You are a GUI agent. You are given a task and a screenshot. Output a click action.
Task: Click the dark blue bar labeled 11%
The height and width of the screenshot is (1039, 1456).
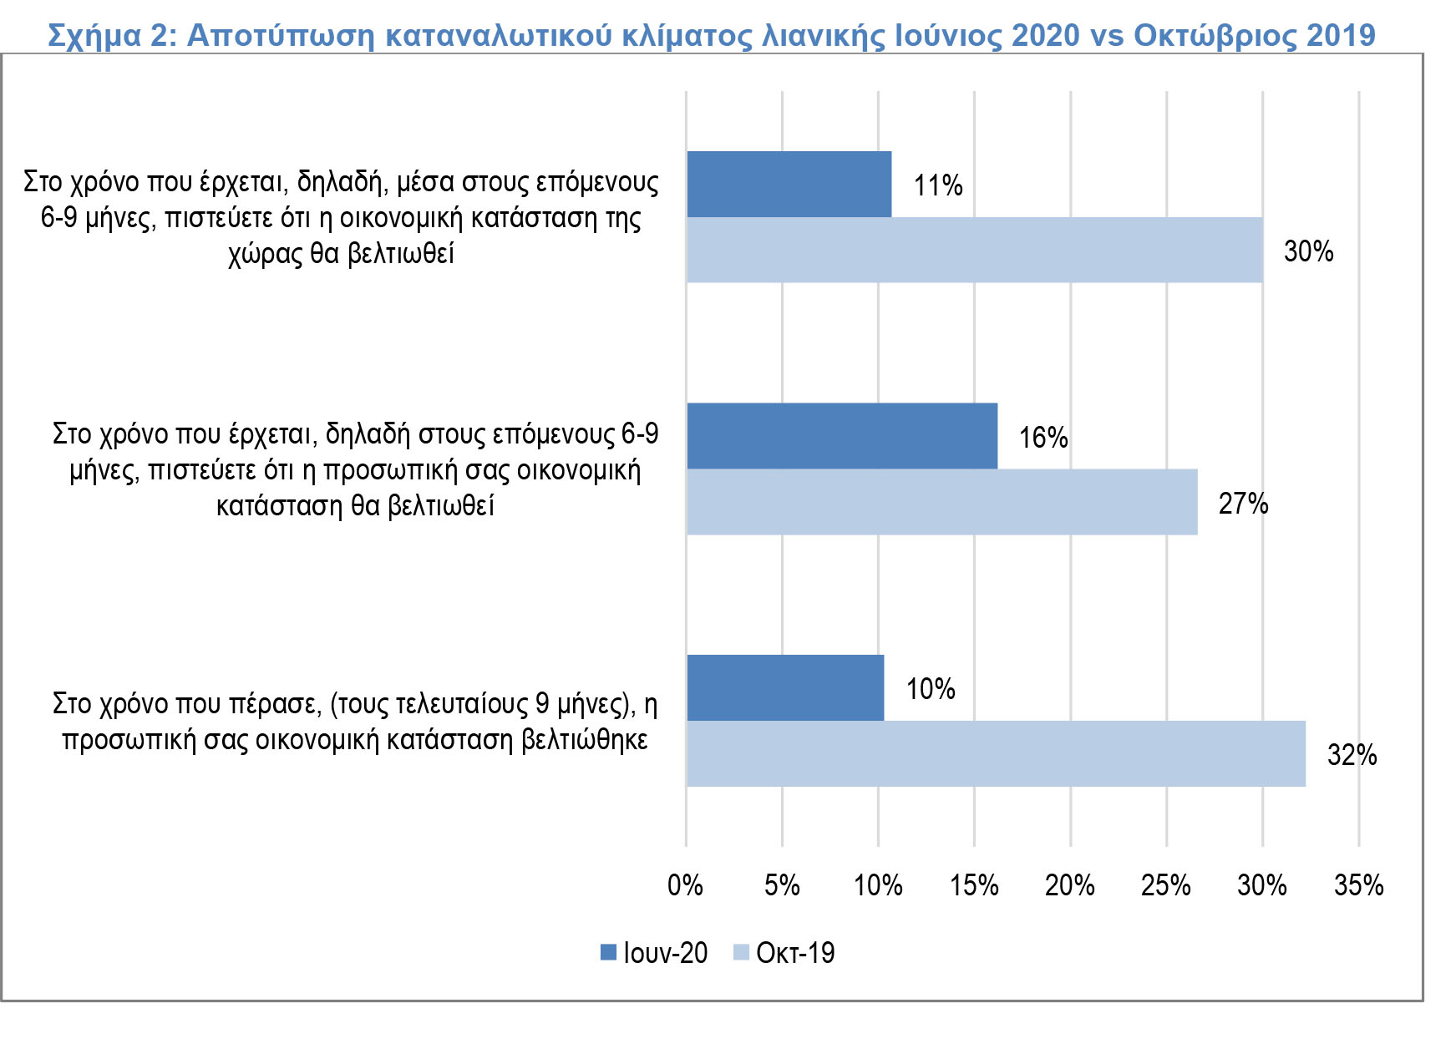coord(789,185)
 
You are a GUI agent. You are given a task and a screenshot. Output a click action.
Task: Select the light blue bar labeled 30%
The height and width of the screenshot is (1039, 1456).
coord(974,251)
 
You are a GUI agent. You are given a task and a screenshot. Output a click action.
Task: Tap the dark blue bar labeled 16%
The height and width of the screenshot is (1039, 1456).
coord(842,436)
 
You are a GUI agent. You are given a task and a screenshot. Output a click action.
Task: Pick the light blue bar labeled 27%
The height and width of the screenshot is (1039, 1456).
coord(941,502)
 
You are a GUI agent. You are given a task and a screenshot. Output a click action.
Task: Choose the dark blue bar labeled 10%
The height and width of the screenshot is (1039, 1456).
coord(785,688)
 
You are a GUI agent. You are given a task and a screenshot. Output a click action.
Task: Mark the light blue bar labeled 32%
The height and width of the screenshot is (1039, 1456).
coord(996,754)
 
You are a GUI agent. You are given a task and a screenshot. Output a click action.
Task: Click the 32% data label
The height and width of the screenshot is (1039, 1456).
coord(1352,755)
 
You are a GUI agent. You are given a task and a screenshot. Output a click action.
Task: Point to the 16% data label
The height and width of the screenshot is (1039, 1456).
coord(1043,438)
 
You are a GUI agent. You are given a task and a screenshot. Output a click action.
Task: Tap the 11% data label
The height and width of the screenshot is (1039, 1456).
coord(937,185)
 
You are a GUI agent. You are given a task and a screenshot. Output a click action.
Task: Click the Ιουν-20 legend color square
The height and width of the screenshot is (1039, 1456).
coord(608,952)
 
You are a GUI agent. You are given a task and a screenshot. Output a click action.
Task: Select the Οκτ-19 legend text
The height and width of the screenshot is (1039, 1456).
coord(794,953)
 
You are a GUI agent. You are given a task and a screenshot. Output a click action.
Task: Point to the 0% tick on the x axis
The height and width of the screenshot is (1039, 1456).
coord(685,885)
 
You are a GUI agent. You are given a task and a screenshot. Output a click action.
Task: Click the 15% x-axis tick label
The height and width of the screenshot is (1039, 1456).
coord(974,885)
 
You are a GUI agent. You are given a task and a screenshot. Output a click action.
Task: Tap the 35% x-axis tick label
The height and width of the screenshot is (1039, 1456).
coord(1358,885)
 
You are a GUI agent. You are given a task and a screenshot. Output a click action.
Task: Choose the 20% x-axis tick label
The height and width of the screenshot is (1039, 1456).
coord(1070,885)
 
